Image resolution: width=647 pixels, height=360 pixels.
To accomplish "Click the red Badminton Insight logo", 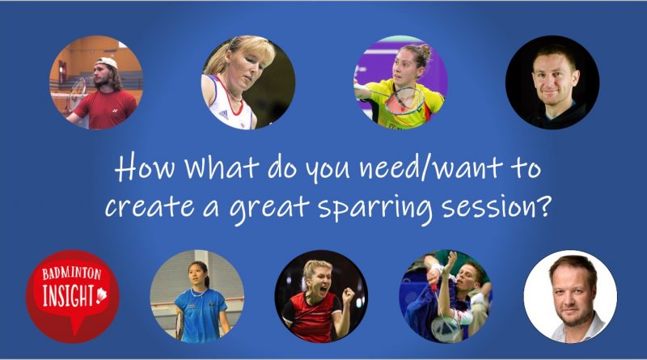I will pos(72,294).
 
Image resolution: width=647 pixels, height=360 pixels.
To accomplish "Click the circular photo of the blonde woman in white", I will pos(247,83).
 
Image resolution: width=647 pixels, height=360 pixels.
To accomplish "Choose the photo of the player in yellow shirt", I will pos(400,83).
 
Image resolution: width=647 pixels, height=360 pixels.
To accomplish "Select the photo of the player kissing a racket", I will pos(446,296).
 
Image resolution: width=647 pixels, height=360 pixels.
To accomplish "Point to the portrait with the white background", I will pos(570,296).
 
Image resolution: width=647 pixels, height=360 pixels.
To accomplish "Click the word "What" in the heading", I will pos(198,172).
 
